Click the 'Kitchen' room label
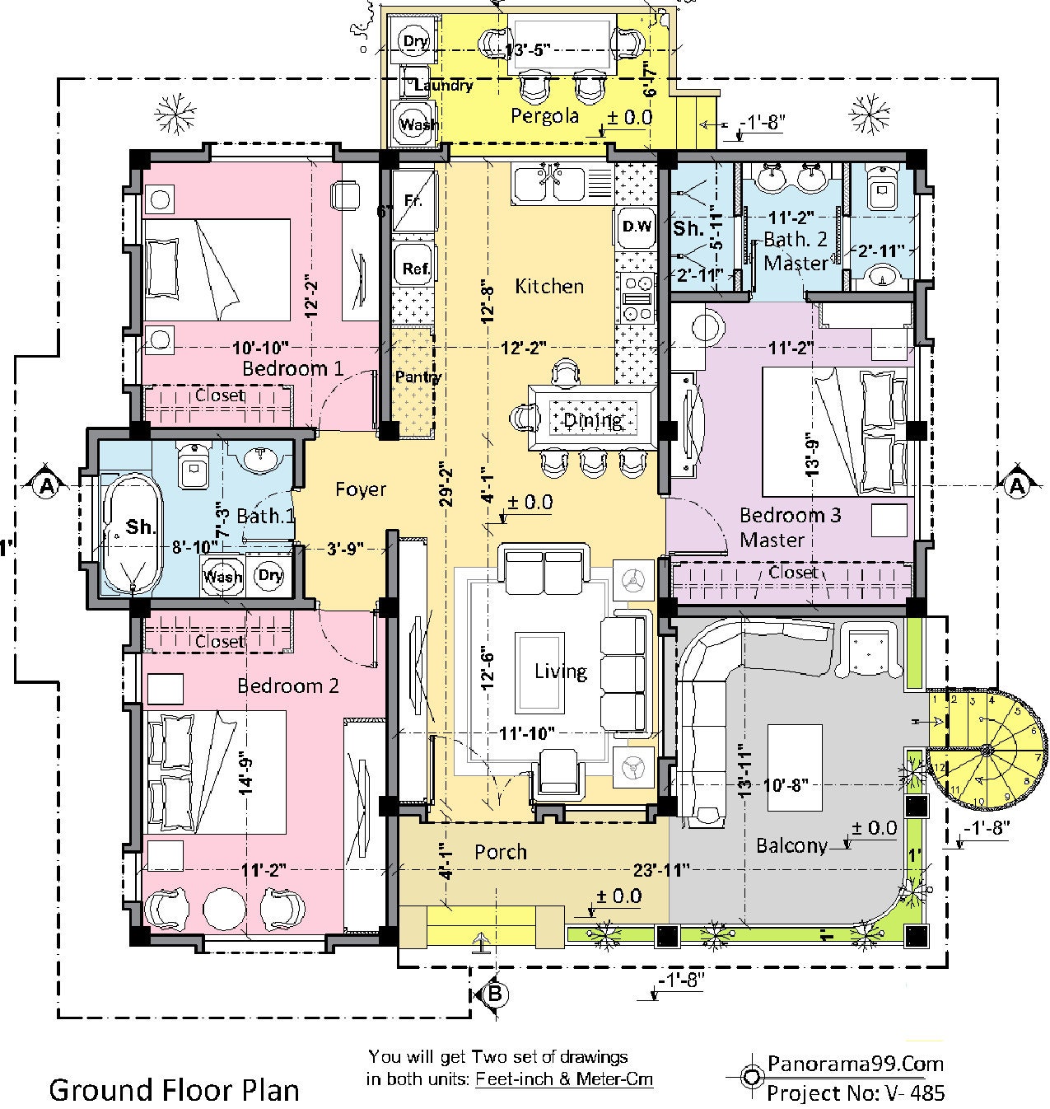[549, 286]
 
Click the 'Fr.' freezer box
[413, 200]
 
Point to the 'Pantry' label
[418, 377]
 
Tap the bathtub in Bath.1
[132, 533]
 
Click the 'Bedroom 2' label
[288, 686]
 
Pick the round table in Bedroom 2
[224, 910]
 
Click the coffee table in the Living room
[539, 672]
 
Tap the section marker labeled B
[494, 994]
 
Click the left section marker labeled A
[46, 487]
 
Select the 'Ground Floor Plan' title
[175, 1089]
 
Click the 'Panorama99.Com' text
[855, 1063]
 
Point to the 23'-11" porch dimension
[661, 869]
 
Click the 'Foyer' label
[361, 489]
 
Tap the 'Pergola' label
[544, 115]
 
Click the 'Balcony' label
[791, 845]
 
